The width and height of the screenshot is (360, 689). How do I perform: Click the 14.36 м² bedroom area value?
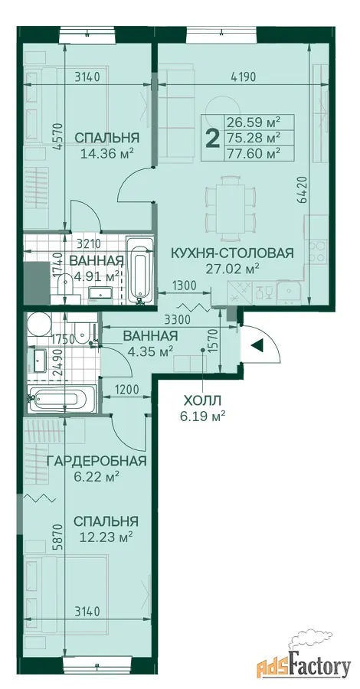pos(106,154)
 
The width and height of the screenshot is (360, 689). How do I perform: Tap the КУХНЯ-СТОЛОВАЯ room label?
pos(231,253)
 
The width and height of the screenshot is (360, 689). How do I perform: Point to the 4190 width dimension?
pos(243,77)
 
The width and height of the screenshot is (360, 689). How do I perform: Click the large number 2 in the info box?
pos(213,139)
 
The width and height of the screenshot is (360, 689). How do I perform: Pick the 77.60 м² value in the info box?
pos(254,153)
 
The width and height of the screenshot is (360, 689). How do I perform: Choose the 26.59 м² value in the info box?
pos(254,121)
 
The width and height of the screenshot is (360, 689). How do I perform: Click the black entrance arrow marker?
pos(257,345)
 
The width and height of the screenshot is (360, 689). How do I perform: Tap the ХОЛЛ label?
pos(203,400)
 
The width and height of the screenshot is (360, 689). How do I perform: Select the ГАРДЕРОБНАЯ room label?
pos(97,461)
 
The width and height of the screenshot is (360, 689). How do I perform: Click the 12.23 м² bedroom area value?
pos(106,537)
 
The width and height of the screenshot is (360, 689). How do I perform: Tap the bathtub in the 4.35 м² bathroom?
pos(61,400)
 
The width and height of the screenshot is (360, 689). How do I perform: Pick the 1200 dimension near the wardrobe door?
pos(126,390)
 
